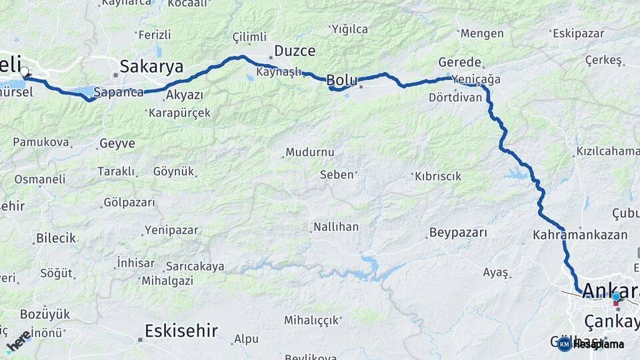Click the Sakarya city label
[x=151, y=66]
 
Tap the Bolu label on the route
[x=342, y=81]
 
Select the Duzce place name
[x=295, y=51]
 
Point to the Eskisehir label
[x=182, y=330]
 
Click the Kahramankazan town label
[x=580, y=235]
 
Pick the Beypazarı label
[x=457, y=233]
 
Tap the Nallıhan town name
[x=337, y=227]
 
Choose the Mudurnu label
[x=310, y=152]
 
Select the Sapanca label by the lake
[x=119, y=92]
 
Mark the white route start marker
[x=25, y=71]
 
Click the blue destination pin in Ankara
[x=616, y=297]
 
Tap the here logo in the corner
[x=18, y=341]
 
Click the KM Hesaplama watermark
[x=591, y=344]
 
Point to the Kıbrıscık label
[x=438, y=177]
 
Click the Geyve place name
[x=117, y=143]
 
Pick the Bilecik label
[x=56, y=238]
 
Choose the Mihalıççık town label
[x=311, y=320]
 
